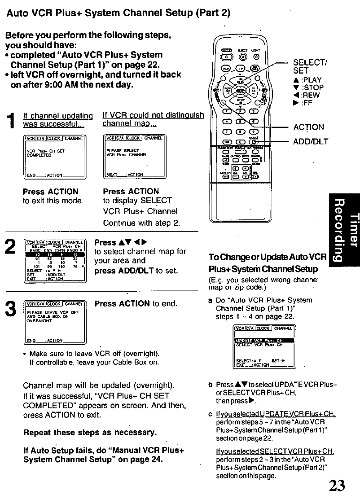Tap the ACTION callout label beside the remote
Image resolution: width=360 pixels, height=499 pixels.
click(x=308, y=127)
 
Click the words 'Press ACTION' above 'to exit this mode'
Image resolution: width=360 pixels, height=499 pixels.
click(x=50, y=191)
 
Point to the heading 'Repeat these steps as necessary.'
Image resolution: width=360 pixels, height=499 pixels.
click(x=90, y=433)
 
